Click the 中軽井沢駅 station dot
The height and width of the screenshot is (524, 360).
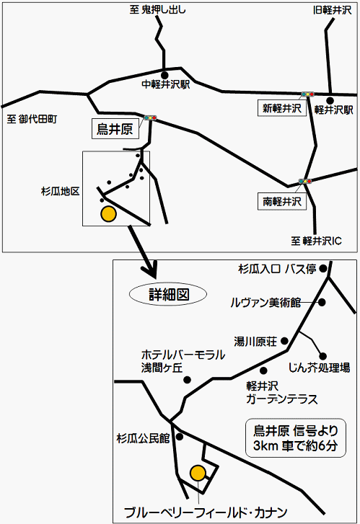point(164,75)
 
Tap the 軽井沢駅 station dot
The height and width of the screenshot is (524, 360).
point(330,100)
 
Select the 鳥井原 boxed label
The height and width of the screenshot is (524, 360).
point(115,129)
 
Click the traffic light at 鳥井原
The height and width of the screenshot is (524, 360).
point(151,117)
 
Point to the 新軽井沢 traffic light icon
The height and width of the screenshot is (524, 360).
point(308,94)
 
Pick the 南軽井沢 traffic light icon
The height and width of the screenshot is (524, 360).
point(305,181)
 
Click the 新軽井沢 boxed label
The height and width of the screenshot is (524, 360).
point(281,108)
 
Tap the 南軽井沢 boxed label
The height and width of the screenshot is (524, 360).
point(281,202)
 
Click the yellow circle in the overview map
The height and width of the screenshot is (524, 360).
point(109,214)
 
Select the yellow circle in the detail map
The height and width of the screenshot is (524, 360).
point(198,473)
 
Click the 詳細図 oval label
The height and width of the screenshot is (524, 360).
point(168,294)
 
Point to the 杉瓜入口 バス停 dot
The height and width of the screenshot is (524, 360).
point(323,268)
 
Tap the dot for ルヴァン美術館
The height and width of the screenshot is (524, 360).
point(322,302)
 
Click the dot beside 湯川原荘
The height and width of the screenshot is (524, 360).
point(284,341)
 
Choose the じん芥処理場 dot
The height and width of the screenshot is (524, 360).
point(323,356)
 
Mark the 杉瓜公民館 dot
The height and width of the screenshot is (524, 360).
point(180,437)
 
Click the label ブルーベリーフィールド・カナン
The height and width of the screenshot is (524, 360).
point(206,512)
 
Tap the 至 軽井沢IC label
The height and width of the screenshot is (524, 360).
point(316,241)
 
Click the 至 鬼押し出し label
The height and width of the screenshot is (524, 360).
point(157,9)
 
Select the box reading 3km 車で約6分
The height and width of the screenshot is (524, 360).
point(296,438)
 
